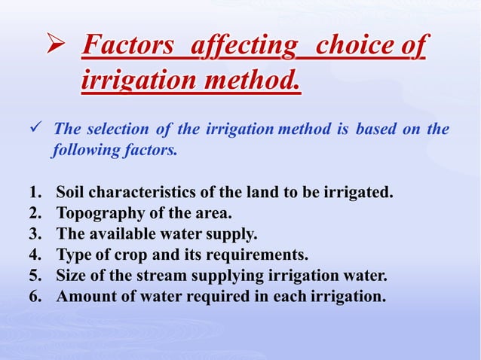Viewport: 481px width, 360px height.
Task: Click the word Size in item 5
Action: (x=71, y=275)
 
